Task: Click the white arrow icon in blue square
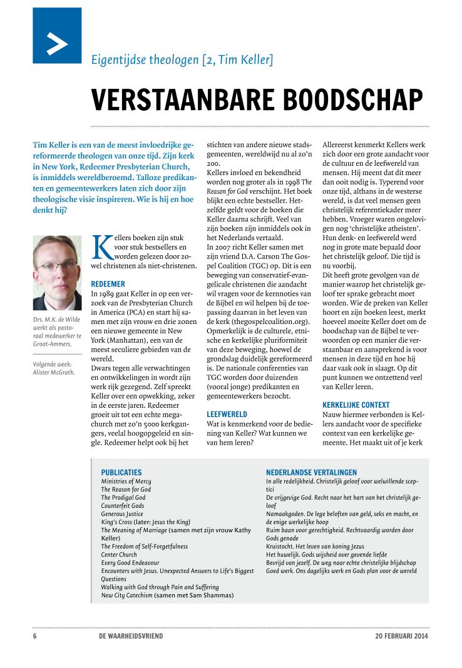57,36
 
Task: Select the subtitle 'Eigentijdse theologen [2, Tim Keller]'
182,60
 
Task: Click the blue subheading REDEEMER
108,283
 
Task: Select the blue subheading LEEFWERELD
227,414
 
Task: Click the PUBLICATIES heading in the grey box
121,472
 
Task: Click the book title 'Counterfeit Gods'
123,505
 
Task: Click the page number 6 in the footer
34,636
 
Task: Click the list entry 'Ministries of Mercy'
126,481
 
